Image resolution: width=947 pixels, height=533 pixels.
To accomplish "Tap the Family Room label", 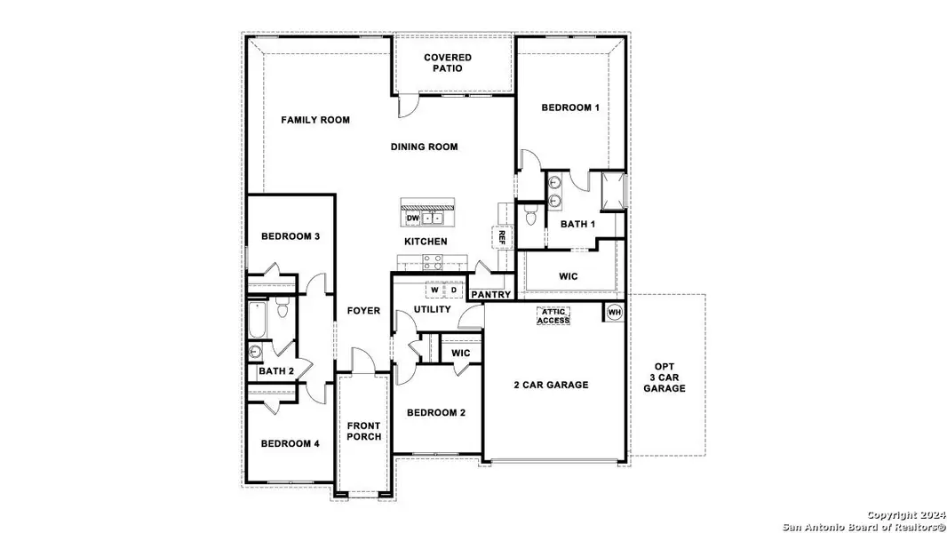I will coord(315,120).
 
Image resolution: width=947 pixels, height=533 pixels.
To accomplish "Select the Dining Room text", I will coord(425,147).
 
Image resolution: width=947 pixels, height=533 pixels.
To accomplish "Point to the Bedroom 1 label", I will coord(570,107).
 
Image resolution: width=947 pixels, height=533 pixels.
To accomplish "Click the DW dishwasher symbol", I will coord(412,218).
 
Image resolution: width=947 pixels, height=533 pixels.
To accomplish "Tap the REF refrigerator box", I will coord(501,237).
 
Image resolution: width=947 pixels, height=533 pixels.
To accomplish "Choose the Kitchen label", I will coord(426,242).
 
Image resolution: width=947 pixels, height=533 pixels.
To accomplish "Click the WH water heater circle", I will coord(613,312).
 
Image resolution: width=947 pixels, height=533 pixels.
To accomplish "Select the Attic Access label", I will coord(554,315).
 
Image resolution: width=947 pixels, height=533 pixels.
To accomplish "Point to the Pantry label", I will coord(489,294).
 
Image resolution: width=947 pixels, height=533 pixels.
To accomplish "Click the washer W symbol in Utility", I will coord(434,290).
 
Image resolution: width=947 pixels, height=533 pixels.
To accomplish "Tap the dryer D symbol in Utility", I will coord(453,290).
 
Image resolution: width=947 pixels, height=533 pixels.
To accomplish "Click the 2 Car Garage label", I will coord(551,385).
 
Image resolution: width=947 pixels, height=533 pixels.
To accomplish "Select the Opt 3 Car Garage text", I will coord(664,377).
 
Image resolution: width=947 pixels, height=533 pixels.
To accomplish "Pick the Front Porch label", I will coord(363,431).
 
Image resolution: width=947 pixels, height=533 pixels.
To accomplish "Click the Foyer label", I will coord(364,311).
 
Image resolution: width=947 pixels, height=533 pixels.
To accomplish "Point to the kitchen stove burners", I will coord(433,261).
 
